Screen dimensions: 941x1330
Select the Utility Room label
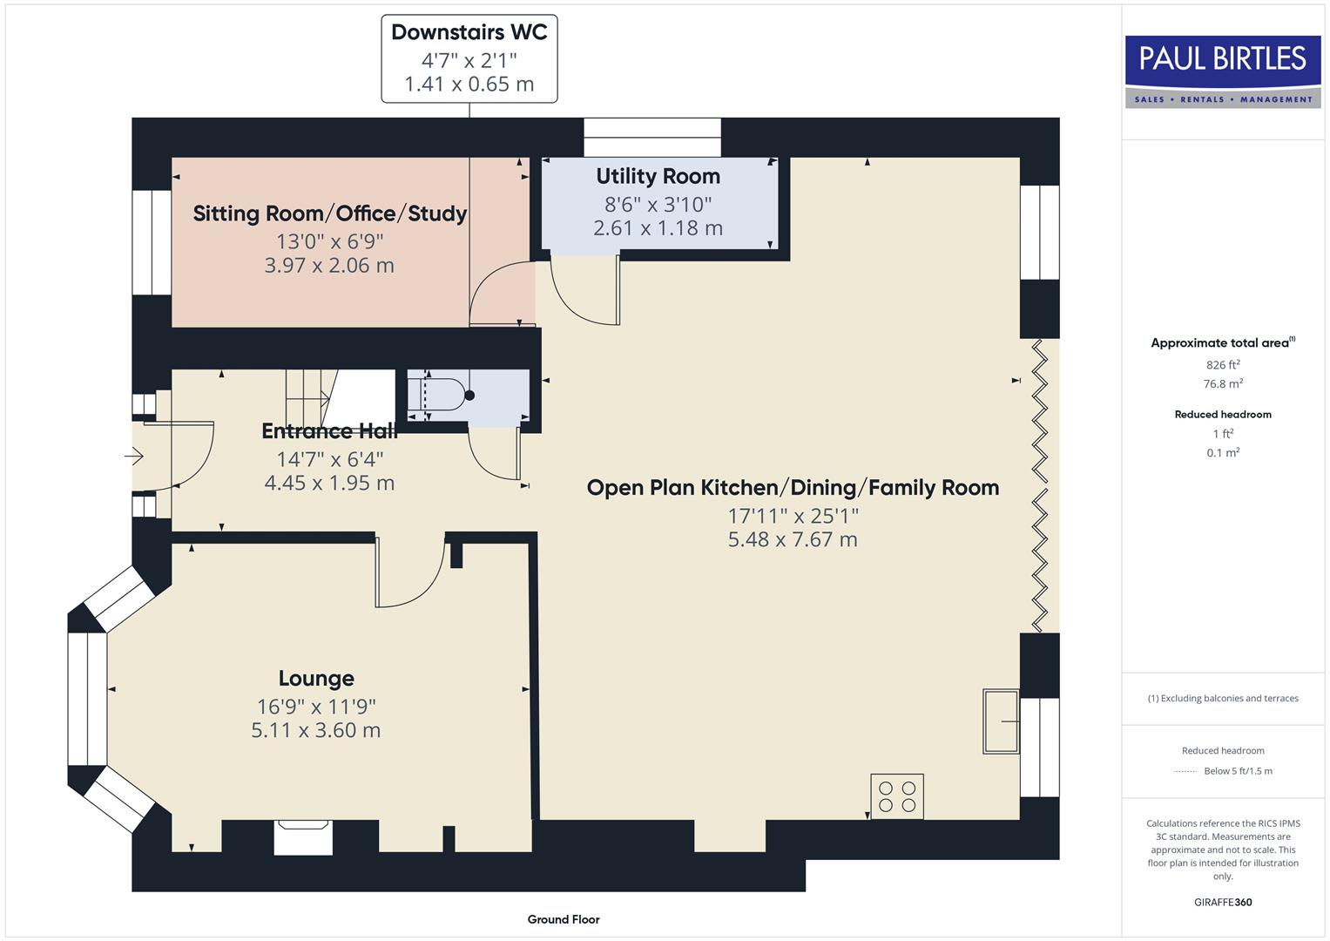click(658, 176)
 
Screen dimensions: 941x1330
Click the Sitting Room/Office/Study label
click(329, 213)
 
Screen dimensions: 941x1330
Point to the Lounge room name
click(316, 678)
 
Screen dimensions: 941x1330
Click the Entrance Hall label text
click(329, 431)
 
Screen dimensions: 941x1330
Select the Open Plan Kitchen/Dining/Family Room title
click(793, 487)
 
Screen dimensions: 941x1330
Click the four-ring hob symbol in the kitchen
click(897, 796)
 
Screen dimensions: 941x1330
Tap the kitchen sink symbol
click(1001, 721)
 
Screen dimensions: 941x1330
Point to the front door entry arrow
click(134, 456)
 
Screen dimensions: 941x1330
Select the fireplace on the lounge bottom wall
click(302, 837)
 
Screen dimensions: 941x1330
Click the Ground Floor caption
click(564, 919)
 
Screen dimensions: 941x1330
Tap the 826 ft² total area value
click(1223, 365)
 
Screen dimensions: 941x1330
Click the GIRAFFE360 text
click(1223, 902)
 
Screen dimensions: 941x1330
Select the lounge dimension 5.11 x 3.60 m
click(316, 730)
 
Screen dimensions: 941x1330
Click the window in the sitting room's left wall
click(152, 242)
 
